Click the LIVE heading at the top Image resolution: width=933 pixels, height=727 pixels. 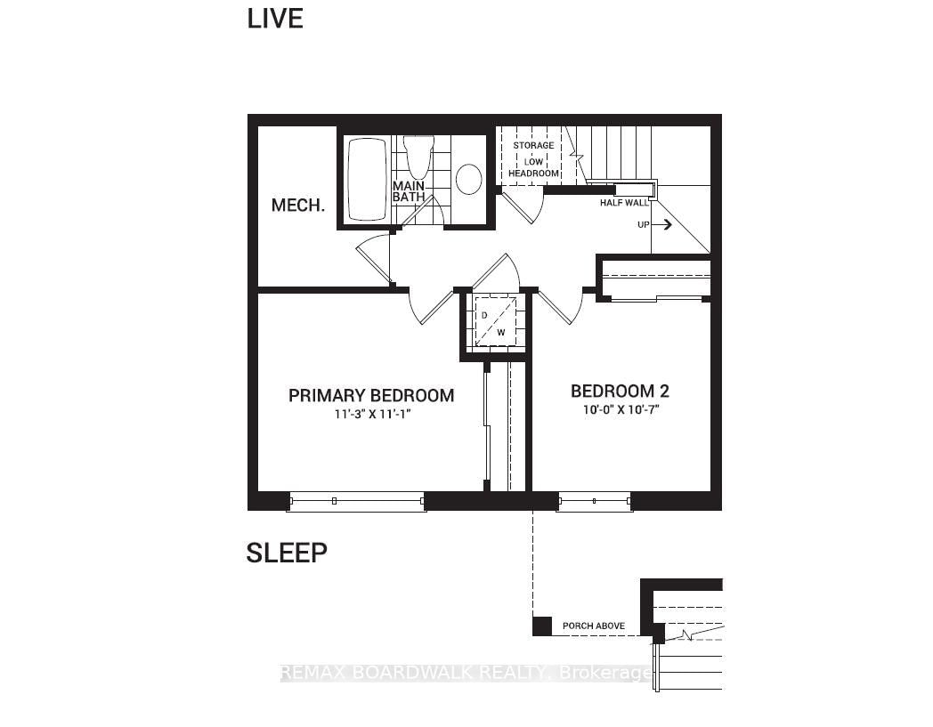pos(275,19)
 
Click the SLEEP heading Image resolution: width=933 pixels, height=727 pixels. pos(287,553)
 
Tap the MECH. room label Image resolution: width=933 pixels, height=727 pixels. pos(298,206)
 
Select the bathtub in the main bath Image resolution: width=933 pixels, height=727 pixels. pos(367,180)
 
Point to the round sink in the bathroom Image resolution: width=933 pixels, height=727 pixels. pos(469,179)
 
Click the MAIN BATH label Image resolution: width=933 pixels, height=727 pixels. pos(409,191)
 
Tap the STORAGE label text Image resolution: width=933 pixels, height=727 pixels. pos(534,145)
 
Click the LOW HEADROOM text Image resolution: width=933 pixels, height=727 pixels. pos(534,167)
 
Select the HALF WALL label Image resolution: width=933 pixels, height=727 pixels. pos(624,203)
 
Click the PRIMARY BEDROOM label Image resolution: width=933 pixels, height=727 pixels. pos(371,396)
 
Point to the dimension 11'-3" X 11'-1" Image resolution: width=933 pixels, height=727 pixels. pos(373,414)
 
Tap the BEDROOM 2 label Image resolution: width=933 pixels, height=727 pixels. pos(620,391)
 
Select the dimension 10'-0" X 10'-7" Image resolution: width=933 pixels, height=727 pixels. pos(621,409)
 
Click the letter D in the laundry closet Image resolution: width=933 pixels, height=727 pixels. pos(484,315)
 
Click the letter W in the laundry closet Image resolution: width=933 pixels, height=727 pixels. pos(501,333)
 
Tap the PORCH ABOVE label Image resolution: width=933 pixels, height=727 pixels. pos(594,626)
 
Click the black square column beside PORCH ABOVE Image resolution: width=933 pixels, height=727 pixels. pos(542,626)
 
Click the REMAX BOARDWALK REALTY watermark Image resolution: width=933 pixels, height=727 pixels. pos(466,673)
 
